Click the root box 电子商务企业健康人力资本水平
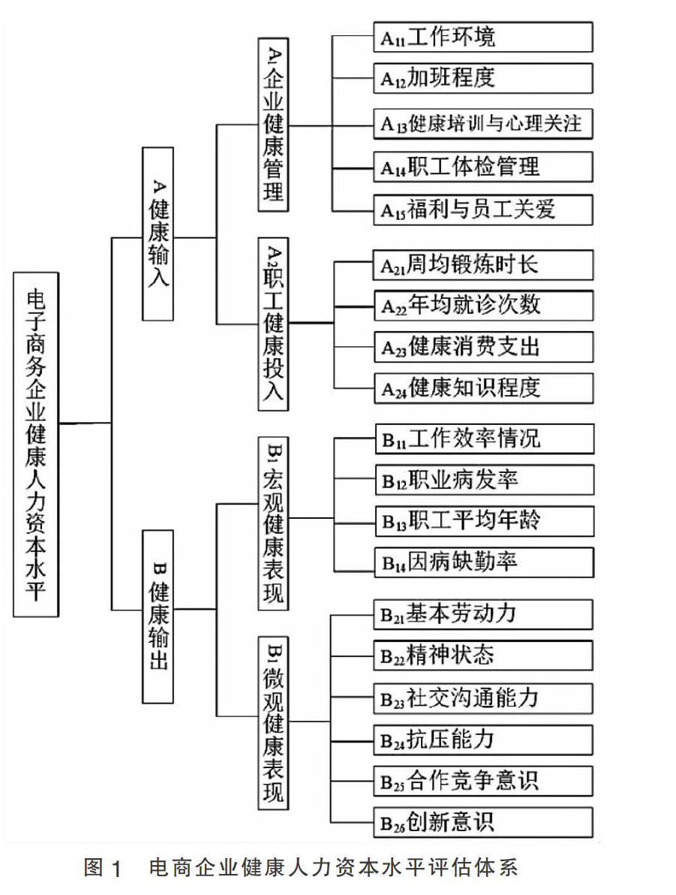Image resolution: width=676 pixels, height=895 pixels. [36, 444]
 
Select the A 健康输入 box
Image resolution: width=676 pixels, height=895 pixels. [158, 234]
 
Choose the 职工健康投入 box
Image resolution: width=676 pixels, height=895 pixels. [274, 324]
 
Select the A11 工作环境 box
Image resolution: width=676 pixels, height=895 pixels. [482, 37]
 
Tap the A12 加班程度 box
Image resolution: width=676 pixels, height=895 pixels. [482, 78]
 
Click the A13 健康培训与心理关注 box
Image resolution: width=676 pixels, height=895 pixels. [482, 123]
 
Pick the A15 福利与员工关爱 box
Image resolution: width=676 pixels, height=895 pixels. [482, 208]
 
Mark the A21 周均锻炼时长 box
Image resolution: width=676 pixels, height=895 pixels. [482, 265]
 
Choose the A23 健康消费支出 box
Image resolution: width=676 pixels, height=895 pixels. [482, 346]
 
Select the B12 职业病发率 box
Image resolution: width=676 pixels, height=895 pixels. [482, 479]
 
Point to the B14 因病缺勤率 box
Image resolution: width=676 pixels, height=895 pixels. [482, 561]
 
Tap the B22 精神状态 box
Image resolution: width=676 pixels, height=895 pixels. [482, 655]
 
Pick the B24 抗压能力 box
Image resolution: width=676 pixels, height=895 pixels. [482, 740]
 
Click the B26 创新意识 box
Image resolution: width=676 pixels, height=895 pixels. [482, 821]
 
